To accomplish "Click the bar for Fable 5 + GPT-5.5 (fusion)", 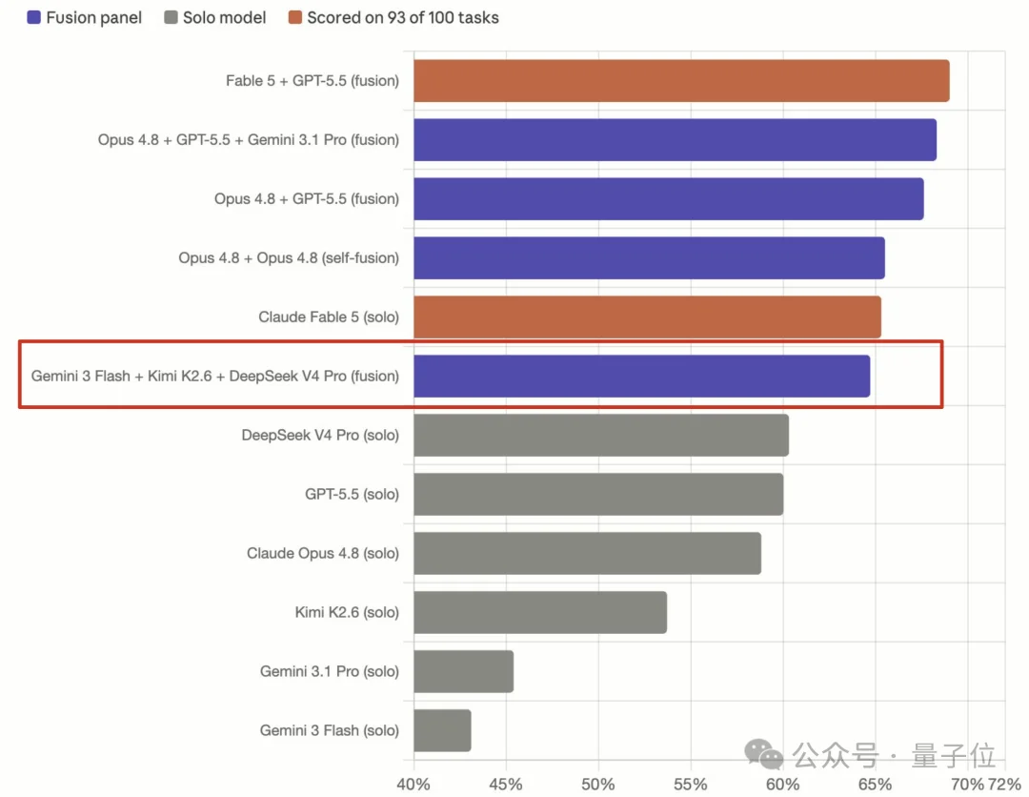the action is (x=681, y=81).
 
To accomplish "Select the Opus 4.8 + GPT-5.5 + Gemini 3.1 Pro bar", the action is (x=675, y=140).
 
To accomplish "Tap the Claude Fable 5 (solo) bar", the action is (x=647, y=317).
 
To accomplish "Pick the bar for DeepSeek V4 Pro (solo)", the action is (x=601, y=436).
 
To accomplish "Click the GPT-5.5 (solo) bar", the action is (x=598, y=495).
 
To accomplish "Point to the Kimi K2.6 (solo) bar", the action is (x=540, y=612).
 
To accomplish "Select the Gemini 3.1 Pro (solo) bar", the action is (x=463, y=671).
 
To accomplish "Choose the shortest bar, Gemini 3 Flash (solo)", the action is (x=442, y=730).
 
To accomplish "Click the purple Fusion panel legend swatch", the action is (x=33, y=17).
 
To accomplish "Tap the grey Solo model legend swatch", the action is (x=171, y=17).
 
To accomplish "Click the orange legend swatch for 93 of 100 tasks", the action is (x=295, y=17).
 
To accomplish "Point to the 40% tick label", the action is (x=414, y=784).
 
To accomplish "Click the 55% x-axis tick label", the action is (x=691, y=784).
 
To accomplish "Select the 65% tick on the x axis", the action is (x=875, y=784).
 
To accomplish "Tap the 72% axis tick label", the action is (x=1004, y=784).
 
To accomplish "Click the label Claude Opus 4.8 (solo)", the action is (x=323, y=554).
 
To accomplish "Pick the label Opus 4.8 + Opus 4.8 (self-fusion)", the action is (x=289, y=258).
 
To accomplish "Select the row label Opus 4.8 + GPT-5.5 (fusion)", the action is (x=307, y=199).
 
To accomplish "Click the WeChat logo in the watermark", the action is (x=764, y=754).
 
